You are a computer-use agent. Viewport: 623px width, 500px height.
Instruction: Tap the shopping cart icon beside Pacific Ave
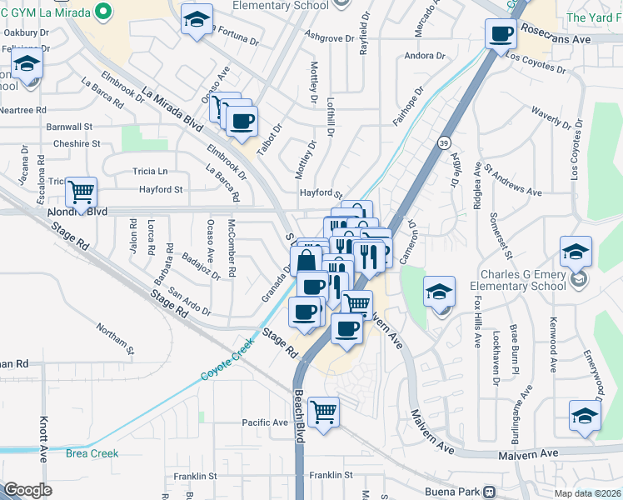(322, 410)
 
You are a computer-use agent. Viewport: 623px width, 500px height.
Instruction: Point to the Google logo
(27, 489)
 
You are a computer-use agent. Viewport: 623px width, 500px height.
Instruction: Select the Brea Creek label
(92, 453)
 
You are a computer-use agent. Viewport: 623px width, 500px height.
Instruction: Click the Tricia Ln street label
(150, 171)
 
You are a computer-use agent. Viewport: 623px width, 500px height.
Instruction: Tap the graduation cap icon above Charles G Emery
(576, 252)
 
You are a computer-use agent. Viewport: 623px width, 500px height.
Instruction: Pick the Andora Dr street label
(425, 56)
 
